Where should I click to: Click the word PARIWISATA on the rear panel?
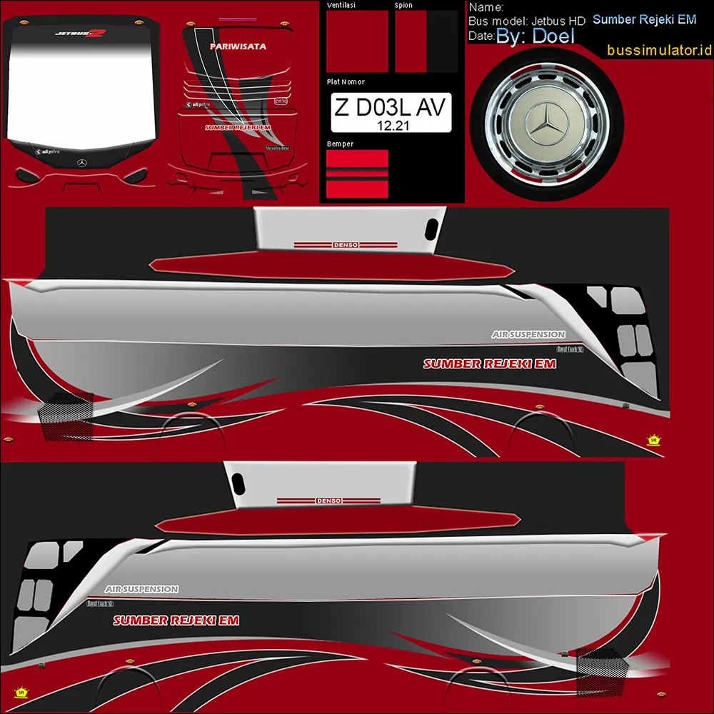tap(238, 46)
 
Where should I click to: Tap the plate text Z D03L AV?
tap(391, 108)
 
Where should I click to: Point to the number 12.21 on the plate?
tap(391, 124)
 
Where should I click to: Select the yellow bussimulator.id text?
tap(660, 50)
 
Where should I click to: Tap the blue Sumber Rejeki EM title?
tap(644, 19)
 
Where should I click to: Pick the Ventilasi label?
tap(341, 5)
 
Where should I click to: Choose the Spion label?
tap(403, 5)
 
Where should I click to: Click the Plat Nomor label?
tap(346, 82)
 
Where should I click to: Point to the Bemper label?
tap(340, 144)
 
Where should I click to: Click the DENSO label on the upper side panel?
tap(346, 245)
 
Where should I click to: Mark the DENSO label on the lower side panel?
tap(328, 501)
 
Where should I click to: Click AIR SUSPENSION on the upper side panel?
tap(528, 334)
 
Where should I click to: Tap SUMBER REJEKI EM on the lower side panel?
tap(176, 620)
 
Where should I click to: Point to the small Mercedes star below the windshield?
tap(82, 164)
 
